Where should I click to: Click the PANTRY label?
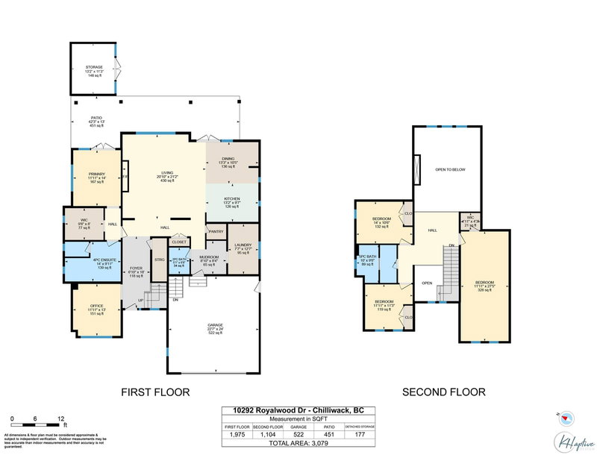point(216,232)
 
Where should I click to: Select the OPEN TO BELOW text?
point(451,170)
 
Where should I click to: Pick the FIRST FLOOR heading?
point(156,392)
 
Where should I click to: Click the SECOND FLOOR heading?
point(443,392)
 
